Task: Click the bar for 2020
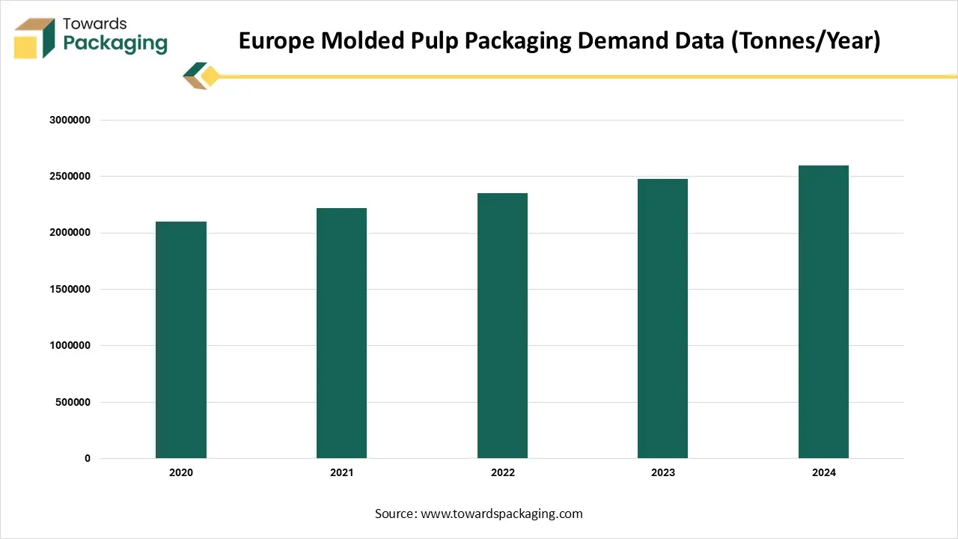point(181,340)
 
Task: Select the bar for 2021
point(341,333)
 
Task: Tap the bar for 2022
point(502,326)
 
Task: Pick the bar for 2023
point(662,318)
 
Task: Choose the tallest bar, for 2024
point(823,311)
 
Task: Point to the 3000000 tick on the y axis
point(70,120)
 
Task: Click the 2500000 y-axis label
point(70,177)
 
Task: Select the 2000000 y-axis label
point(70,233)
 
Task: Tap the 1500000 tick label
point(70,290)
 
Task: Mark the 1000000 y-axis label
point(70,346)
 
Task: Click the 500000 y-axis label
point(73,402)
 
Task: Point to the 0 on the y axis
point(88,459)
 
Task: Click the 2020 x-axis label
point(181,473)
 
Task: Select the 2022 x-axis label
point(502,473)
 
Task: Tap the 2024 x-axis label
point(823,473)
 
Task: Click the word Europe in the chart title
point(276,40)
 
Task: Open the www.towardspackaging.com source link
point(501,514)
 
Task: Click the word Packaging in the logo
point(115,43)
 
